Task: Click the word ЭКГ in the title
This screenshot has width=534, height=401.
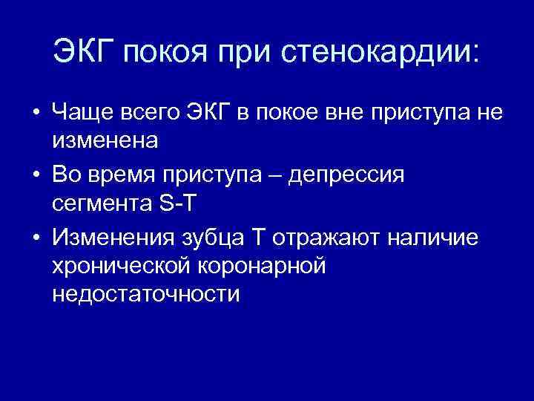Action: coord(82,51)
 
